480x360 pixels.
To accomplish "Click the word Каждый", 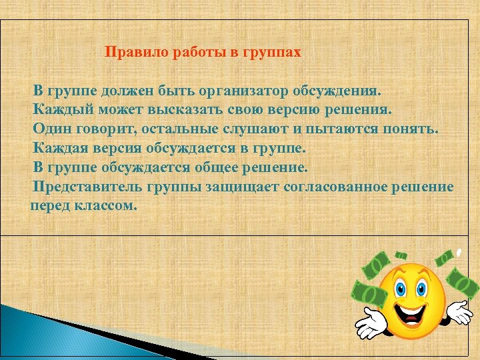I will pos(63,109).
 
